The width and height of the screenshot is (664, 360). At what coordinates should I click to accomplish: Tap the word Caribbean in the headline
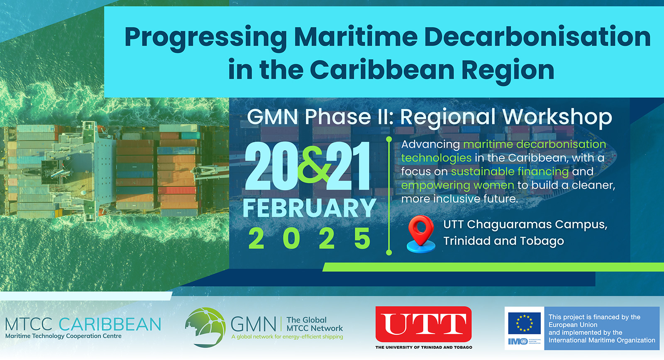(x=382, y=70)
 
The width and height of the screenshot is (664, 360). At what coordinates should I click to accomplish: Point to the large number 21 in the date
(x=349, y=166)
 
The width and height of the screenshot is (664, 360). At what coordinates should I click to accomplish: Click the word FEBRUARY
(x=310, y=208)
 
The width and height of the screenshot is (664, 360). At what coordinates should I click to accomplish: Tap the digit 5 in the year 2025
(x=362, y=238)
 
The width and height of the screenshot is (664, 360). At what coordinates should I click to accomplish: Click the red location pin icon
(x=421, y=234)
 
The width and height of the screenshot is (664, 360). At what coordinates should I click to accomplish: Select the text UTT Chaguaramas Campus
(x=525, y=225)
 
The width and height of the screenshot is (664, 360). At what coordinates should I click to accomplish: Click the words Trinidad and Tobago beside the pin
(x=504, y=241)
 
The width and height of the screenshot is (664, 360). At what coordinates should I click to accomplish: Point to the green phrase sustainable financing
(x=510, y=172)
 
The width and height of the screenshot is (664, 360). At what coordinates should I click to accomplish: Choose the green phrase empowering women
(x=458, y=185)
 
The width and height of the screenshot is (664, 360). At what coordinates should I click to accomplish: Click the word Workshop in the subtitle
(x=557, y=117)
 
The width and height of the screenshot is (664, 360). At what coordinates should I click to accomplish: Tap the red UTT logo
(x=424, y=324)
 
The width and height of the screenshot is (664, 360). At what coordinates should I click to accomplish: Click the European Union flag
(x=525, y=323)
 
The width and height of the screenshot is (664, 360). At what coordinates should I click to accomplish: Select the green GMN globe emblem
(x=205, y=327)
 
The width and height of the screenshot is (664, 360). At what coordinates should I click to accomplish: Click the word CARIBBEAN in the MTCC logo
(x=110, y=324)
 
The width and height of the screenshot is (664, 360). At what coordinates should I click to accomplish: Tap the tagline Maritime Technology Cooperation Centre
(x=63, y=336)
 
